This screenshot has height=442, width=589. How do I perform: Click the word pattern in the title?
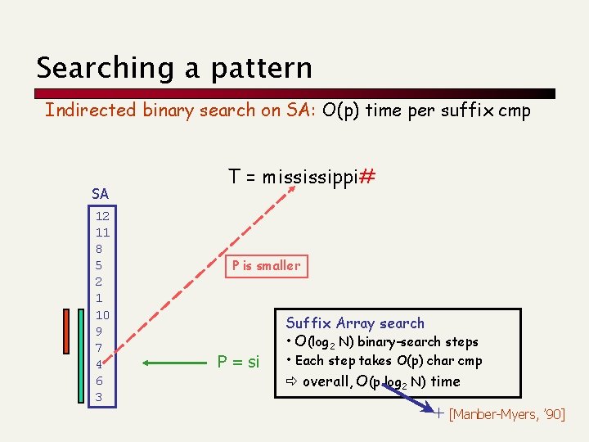point(261,69)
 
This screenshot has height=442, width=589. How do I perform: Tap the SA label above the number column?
point(100,194)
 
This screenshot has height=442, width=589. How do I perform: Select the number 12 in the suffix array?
point(102,217)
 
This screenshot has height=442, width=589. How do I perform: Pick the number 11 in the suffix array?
point(102,232)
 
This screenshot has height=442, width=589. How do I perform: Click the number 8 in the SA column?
point(99,249)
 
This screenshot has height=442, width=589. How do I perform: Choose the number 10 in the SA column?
point(102,315)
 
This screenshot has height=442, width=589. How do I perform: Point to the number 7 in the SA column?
point(99,348)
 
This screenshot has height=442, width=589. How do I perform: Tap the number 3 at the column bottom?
point(99,397)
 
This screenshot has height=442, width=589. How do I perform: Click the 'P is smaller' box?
point(266,265)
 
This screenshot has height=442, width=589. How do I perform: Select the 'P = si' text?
point(238,362)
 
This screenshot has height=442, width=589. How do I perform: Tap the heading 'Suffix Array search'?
point(355,322)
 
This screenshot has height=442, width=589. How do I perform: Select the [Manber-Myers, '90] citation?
point(506,415)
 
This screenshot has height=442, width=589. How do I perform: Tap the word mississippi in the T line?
point(310,178)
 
